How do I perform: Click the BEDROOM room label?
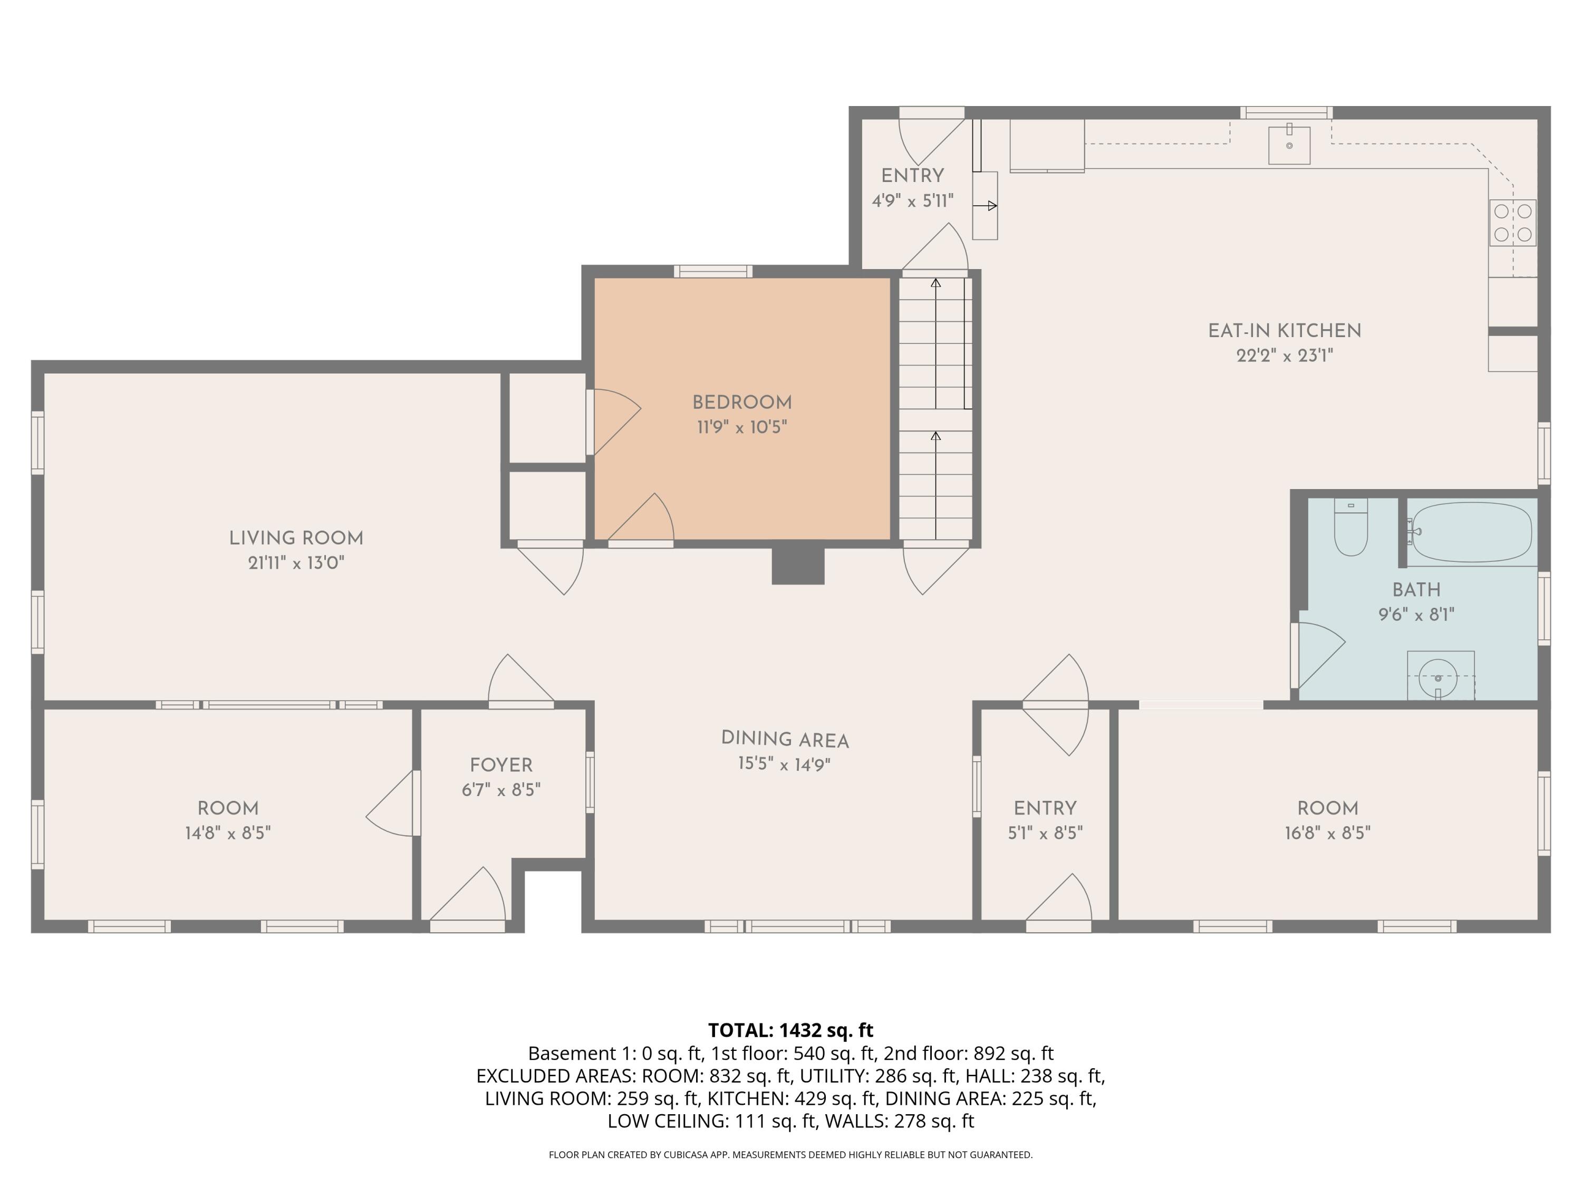[x=741, y=402]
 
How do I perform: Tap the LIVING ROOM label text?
[x=296, y=538]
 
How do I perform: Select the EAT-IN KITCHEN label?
[x=1285, y=331]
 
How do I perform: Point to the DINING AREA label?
[x=785, y=739]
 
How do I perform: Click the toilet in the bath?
[x=1351, y=528]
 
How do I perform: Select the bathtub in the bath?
[x=1472, y=532]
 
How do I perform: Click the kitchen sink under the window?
[x=1289, y=145]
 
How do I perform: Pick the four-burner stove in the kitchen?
[x=1512, y=223]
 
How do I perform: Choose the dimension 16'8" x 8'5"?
[x=1327, y=833]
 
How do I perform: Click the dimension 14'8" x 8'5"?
[x=227, y=833]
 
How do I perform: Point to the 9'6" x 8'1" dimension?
[x=1416, y=615]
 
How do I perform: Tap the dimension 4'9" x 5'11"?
[x=913, y=201]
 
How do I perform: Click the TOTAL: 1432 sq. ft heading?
[x=790, y=1030]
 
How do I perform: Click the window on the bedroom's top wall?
[x=713, y=271]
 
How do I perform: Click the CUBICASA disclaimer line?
[x=790, y=1154]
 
